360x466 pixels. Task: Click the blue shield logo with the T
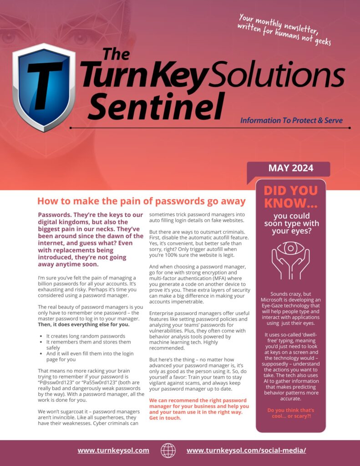point(44,86)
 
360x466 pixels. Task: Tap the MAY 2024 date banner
point(290,168)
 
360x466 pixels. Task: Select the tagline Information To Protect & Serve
point(291,121)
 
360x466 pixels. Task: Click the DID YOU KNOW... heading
point(290,197)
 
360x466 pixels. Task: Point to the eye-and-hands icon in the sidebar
point(290,258)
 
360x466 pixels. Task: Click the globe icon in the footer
point(168,451)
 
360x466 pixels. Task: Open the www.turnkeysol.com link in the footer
point(113,451)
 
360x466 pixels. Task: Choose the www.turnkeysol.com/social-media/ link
point(246,451)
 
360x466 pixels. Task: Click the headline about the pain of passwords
point(141,201)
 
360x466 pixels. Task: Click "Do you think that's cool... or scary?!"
point(290,413)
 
